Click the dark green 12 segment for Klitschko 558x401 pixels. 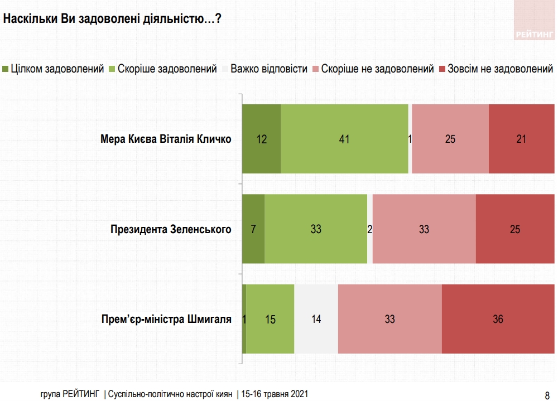[261, 139]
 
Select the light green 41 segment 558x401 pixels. [344, 139]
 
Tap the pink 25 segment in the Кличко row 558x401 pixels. [450, 139]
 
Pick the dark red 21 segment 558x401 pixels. [521, 139]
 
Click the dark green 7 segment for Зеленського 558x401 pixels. [253, 229]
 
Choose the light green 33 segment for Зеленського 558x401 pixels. [316, 229]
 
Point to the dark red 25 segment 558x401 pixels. [515, 229]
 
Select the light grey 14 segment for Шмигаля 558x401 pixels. [316, 319]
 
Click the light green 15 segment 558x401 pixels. [270, 319]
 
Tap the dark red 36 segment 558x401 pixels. [498, 319]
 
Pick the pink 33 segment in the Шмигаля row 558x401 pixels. [389, 319]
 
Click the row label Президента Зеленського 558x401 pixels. [171, 229]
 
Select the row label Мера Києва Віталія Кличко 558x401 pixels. [166, 139]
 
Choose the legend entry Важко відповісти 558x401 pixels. [268, 69]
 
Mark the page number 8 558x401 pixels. [547, 393]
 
